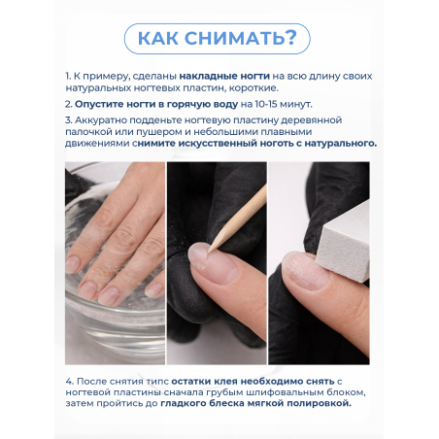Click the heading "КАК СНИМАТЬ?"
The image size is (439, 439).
point(218,38)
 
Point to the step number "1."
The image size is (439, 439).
point(69,75)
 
